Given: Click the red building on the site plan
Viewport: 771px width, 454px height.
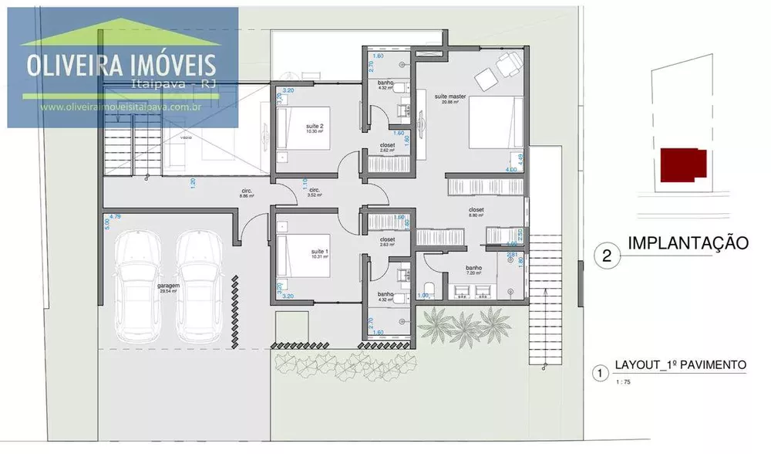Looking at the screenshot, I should click(682, 163).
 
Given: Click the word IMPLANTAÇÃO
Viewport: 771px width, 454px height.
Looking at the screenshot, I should click(689, 243).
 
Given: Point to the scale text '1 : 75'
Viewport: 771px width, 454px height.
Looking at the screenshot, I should click(623, 381).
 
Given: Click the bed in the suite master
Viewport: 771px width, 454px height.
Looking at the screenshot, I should click(497, 123).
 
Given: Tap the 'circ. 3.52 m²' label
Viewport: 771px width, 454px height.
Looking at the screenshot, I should click(314, 192).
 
